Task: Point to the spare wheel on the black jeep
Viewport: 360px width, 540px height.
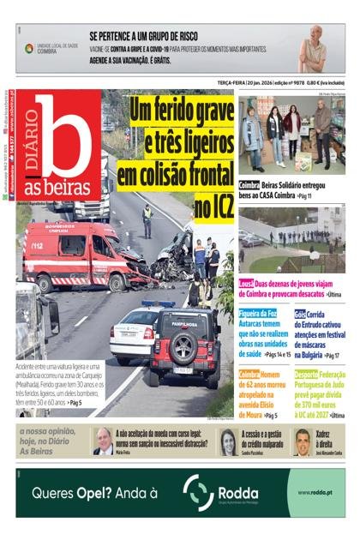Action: click(186, 351)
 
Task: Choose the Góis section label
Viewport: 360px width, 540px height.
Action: click(300, 315)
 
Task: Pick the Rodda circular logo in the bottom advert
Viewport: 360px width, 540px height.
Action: click(198, 493)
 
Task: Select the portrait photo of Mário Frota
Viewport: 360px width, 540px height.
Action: click(103, 441)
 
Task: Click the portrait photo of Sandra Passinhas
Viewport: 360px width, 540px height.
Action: click(229, 441)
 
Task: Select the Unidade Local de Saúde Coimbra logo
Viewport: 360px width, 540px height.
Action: click(51, 49)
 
